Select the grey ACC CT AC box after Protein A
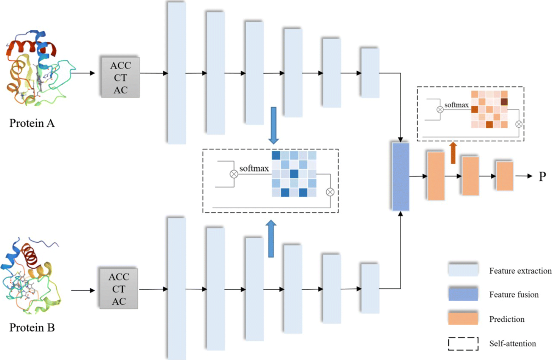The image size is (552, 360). (120, 76)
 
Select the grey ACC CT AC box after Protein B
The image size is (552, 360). (119, 289)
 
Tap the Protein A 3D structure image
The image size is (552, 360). (37, 69)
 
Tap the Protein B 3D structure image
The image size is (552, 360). (34, 276)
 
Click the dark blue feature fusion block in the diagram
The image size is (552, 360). (400, 177)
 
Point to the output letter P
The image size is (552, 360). (542, 177)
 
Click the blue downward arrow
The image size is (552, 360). (274, 124)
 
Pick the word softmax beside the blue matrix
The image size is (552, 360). (254, 168)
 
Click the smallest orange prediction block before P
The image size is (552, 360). (504, 176)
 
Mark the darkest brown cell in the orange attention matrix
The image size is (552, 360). (504, 102)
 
